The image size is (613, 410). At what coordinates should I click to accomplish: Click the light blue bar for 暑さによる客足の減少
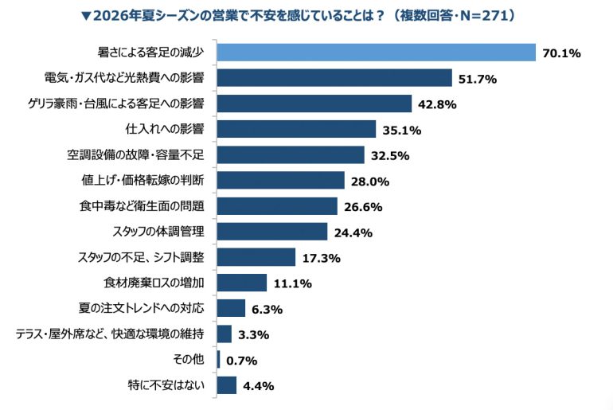point(377,53)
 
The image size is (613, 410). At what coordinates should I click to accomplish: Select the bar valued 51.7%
point(334,78)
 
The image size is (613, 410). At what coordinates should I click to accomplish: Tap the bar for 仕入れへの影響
point(297,129)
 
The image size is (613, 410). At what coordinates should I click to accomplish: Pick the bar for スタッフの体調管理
point(272,232)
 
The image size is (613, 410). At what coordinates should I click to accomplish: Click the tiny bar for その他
point(219,360)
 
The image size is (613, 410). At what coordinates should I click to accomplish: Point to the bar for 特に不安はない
point(227,385)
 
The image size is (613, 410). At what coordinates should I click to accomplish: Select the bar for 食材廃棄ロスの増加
point(242,283)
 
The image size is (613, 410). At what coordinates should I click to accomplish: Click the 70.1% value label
point(561,53)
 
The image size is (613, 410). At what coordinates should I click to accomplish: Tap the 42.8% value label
point(437,104)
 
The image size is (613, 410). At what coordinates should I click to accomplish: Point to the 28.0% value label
point(370,182)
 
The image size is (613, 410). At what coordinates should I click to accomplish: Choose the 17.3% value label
point(322,258)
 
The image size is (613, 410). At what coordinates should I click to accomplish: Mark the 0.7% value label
point(241,361)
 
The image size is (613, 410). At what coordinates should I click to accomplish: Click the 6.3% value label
point(267,309)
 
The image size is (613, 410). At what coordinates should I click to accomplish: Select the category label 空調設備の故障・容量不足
point(135,154)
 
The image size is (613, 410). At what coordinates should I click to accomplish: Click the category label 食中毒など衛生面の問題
point(142,205)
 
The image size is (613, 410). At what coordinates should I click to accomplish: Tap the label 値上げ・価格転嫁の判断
point(143,180)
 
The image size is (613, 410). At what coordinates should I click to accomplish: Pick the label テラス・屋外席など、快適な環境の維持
point(110,334)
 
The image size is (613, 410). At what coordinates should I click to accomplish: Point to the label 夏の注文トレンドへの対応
point(141,308)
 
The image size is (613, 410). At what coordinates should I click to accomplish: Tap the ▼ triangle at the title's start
point(87,16)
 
